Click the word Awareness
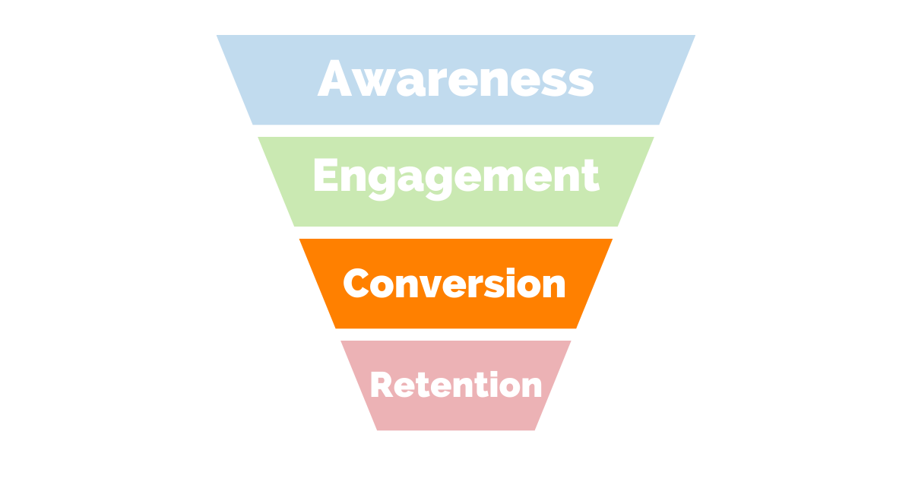click(x=456, y=79)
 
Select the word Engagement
click(x=456, y=176)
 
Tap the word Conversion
click(x=454, y=284)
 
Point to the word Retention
click(x=456, y=384)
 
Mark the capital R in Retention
click(x=382, y=384)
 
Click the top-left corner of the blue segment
click(x=217, y=36)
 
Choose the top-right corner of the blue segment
click(x=695, y=36)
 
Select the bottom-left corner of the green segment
click(x=294, y=226)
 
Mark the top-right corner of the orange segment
click(x=612, y=239)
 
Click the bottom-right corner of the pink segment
click(x=535, y=430)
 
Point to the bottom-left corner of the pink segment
click(x=377, y=430)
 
